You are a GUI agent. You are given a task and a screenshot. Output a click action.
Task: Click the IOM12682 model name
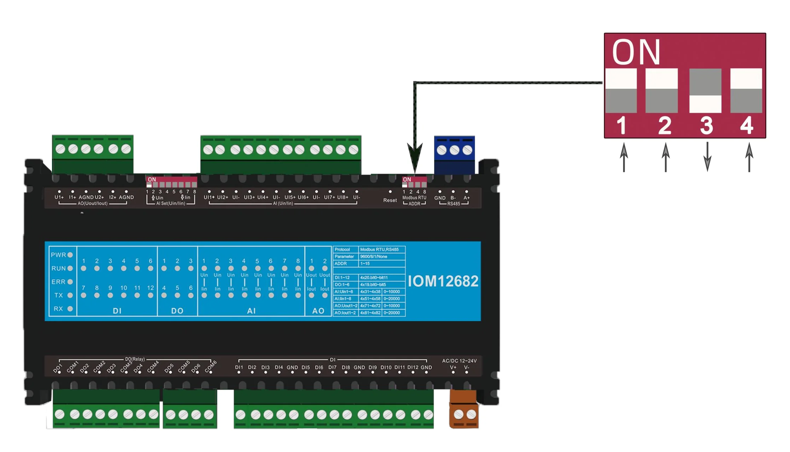click(443, 281)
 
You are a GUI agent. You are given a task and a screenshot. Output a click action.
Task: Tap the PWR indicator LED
click(70, 255)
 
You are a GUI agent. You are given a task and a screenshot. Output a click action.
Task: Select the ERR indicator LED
click(70, 282)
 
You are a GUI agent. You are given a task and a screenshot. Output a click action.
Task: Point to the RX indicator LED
click(70, 309)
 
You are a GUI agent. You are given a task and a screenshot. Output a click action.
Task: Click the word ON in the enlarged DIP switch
click(636, 53)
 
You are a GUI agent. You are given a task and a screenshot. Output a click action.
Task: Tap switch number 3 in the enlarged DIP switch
click(705, 91)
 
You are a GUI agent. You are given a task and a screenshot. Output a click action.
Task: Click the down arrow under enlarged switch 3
click(707, 157)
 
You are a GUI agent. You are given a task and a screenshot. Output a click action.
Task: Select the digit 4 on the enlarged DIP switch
click(747, 125)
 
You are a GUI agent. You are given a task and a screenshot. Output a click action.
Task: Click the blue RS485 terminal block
click(454, 155)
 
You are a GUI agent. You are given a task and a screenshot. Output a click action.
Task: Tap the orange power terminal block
click(464, 409)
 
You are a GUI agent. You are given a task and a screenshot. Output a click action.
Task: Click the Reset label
click(390, 200)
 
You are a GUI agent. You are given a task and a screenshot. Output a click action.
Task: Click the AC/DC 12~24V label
click(459, 361)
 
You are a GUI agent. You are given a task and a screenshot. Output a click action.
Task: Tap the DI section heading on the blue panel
click(117, 311)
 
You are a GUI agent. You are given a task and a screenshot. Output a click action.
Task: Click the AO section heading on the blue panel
click(318, 311)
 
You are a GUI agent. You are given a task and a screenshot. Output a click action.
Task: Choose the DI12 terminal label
click(412, 367)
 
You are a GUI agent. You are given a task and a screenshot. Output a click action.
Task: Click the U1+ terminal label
click(59, 197)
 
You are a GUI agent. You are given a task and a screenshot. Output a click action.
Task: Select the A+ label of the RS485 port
click(467, 198)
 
